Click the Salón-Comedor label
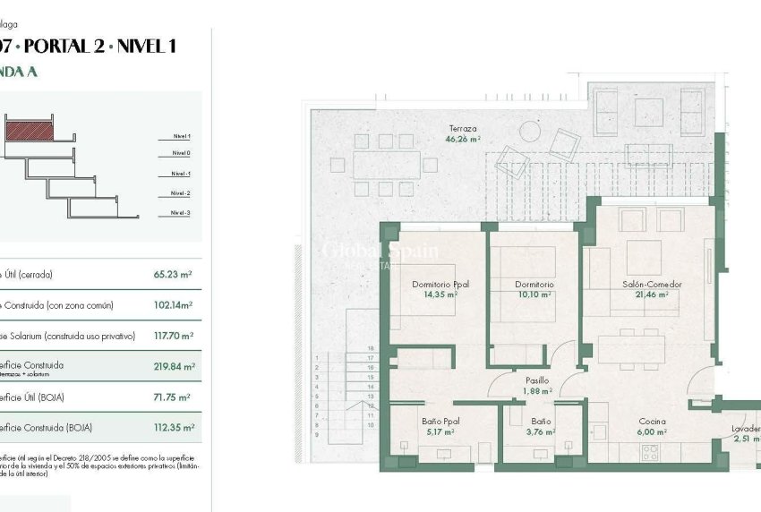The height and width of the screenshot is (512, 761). [652, 284]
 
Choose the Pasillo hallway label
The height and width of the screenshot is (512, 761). [536, 380]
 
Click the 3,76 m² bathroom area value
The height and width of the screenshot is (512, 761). [540, 431]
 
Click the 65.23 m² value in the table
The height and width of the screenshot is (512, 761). [174, 275]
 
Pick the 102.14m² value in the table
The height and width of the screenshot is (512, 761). [174, 305]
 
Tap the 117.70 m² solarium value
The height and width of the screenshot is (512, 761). [174, 336]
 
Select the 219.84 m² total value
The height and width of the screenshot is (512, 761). [174, 366]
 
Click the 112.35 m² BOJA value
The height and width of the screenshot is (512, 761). [174, 427]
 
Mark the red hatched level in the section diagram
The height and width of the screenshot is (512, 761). [30, 131]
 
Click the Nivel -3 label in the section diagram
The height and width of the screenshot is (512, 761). [180, 213]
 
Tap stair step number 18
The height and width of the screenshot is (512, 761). [370, 348]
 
